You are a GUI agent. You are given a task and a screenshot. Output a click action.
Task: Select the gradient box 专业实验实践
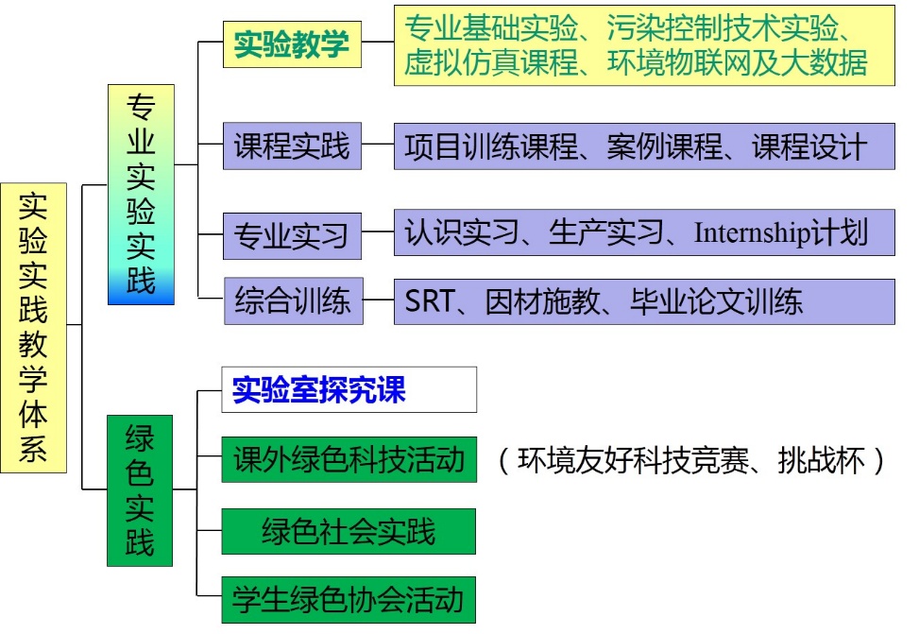click(141, 194)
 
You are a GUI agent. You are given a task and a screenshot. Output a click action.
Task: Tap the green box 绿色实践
click(140, 489)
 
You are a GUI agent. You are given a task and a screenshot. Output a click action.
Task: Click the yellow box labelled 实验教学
click(292, 44)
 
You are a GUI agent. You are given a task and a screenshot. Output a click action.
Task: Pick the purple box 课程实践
click(292, 146)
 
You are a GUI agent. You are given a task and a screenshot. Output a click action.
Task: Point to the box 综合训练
click(293, 301)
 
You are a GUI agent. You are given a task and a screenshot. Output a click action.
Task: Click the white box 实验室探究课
click(349, 389)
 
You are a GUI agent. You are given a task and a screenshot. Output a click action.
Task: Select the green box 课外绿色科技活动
click(349, 459)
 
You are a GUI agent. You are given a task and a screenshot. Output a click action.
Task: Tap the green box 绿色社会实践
click(349, 530)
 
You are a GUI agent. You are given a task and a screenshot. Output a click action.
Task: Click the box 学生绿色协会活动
click(349, 599)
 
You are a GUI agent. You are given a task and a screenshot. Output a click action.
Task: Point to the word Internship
click(752, 233)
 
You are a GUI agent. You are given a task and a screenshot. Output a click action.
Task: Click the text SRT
click(430, 301)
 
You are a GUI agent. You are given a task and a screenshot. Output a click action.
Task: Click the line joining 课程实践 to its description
click(378, 146)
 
